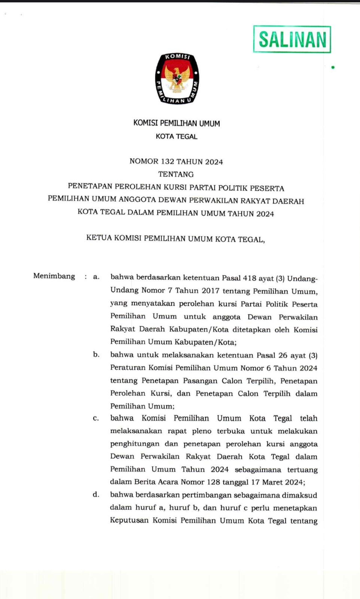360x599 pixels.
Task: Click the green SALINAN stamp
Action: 292,39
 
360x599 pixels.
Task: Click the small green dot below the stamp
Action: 332,68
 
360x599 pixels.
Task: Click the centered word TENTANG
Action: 176,174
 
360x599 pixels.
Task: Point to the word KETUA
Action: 99,238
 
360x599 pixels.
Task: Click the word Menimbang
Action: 54,276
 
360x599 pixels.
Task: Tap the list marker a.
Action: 96,277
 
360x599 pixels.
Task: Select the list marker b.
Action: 96,355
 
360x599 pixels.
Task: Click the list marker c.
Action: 96,419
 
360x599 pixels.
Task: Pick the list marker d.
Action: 96,495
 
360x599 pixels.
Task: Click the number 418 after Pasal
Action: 249,278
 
